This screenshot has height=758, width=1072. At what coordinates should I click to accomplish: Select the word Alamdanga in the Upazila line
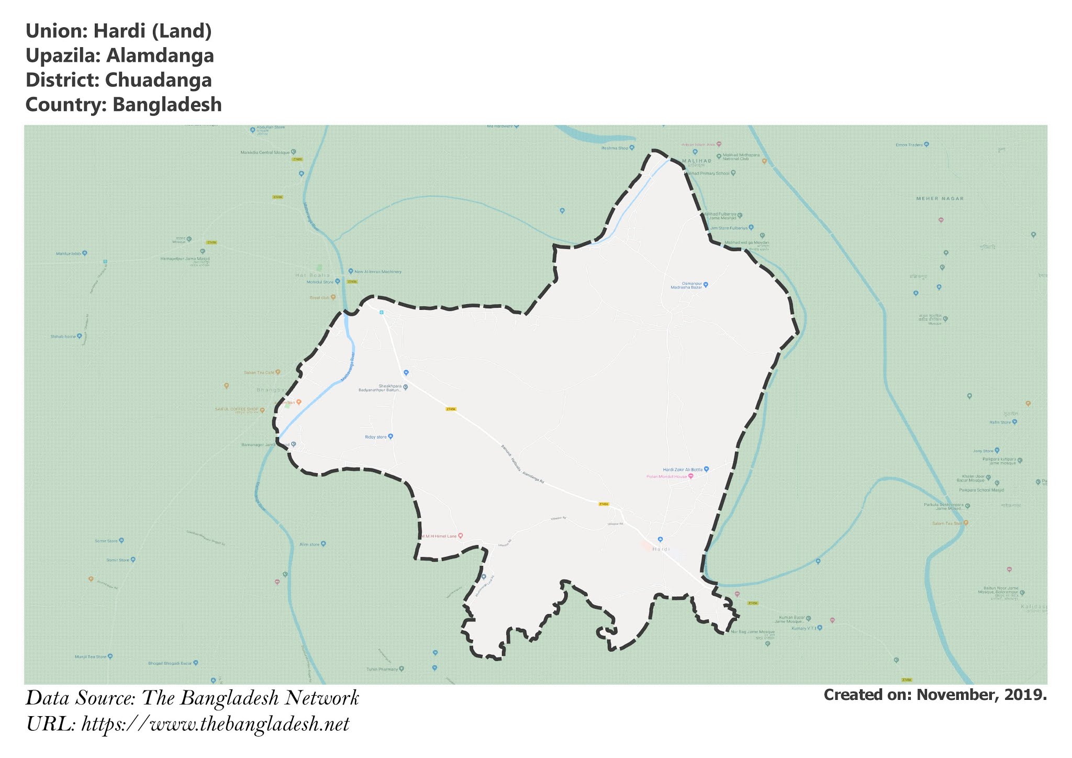(160, 55)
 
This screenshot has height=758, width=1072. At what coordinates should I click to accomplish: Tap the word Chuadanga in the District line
(158, 80)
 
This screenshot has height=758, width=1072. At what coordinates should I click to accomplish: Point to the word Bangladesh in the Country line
(167, 105)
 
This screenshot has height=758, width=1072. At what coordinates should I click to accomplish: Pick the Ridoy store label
(376, 437)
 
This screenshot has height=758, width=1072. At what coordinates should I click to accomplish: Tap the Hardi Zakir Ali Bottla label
(683, 470)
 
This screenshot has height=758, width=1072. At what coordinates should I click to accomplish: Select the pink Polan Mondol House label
(666, 476)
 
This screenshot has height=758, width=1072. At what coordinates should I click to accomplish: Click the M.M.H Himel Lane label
(439, 536)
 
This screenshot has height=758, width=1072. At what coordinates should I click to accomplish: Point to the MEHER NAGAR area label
(940, 198)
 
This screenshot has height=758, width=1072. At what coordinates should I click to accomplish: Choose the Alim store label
(309, 544)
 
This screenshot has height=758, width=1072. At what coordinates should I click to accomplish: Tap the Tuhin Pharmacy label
(382, 669)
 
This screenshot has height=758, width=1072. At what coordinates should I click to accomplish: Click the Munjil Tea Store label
(91, 656)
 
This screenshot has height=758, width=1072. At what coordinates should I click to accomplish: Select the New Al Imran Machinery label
(377, 272)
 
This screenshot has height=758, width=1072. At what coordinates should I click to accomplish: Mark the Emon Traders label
(909, 144)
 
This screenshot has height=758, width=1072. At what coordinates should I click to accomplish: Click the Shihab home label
(63, 337)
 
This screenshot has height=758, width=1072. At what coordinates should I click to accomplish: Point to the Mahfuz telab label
(69, 254)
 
